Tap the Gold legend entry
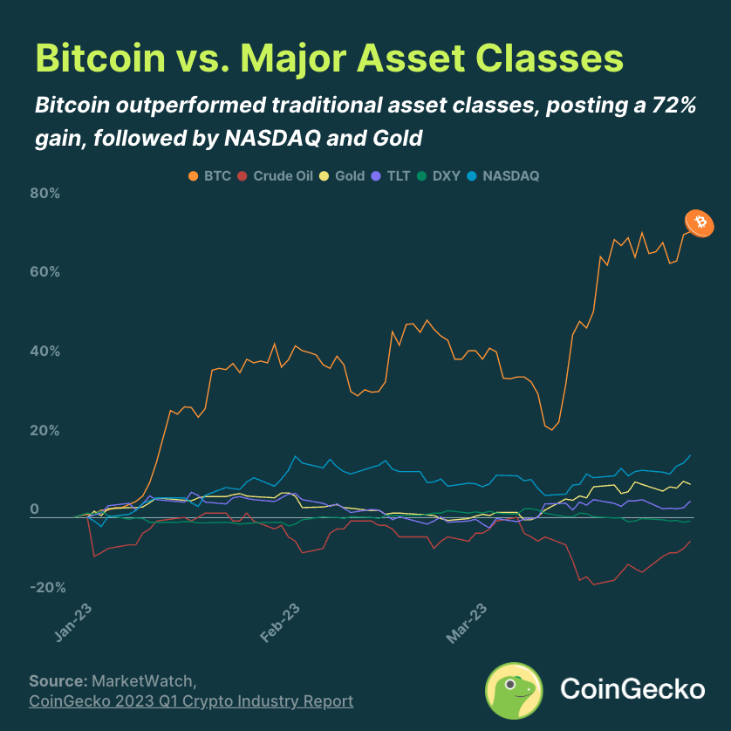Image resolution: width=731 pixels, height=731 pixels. point(344,175)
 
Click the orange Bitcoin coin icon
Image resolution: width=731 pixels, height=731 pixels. point(698,223)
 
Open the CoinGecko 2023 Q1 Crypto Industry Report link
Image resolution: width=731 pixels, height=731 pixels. point(191,701)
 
